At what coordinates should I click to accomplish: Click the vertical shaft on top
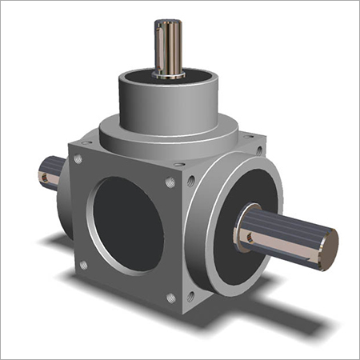[167, 48]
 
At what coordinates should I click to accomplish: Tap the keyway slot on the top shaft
[169, 44]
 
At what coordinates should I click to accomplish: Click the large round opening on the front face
[128, 218]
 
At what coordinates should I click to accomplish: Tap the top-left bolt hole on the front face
[78, 159]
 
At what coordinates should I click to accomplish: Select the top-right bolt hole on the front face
[170, 183]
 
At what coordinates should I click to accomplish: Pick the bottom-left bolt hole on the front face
[82, 265]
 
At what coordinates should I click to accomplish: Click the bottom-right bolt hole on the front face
[170, 298]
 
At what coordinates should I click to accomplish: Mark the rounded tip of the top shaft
[167, 22]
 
